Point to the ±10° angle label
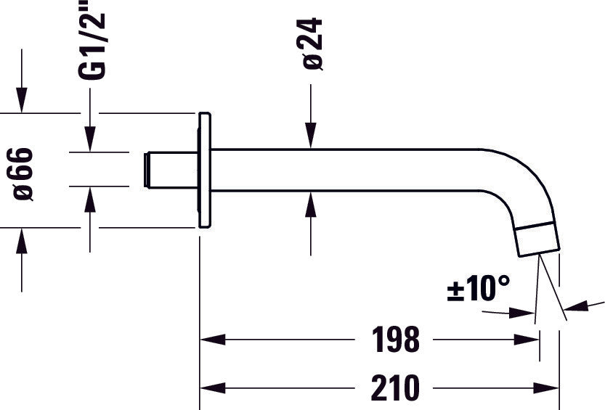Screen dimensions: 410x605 click(x=478, y=289)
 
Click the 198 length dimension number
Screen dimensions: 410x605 click(x=395, y=339)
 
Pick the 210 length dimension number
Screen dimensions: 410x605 click(x=395, y=388)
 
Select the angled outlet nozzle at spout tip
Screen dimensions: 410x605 click(x=538, y=240)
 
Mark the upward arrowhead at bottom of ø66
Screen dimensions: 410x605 click(x=22, y=240)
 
